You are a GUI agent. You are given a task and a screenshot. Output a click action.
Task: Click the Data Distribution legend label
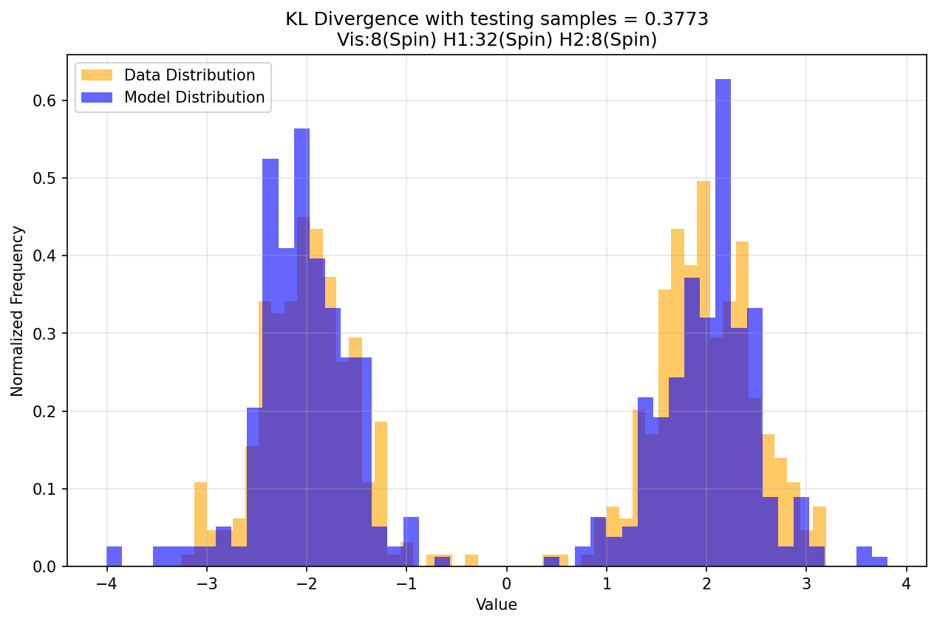pos(189,75)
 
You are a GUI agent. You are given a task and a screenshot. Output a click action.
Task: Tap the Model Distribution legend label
pos(194,97)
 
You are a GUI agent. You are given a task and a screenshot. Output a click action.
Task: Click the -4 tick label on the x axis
pos(107,583)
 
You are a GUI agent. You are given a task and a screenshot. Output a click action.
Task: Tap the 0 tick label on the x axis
pos(507,583)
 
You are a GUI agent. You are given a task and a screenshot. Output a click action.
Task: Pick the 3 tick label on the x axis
pos(806,583)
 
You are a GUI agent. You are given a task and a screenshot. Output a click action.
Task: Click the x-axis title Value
pos(497,605)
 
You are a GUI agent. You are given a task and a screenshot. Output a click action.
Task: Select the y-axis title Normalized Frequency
pos(17,311)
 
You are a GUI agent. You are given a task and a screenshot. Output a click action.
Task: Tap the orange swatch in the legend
pos(97,75)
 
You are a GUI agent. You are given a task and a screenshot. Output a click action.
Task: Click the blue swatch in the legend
pos(97,97)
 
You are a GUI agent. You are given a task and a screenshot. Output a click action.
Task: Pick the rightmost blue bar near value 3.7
pos(879,562)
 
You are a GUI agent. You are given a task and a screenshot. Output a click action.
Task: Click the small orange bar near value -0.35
pos(471,560)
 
